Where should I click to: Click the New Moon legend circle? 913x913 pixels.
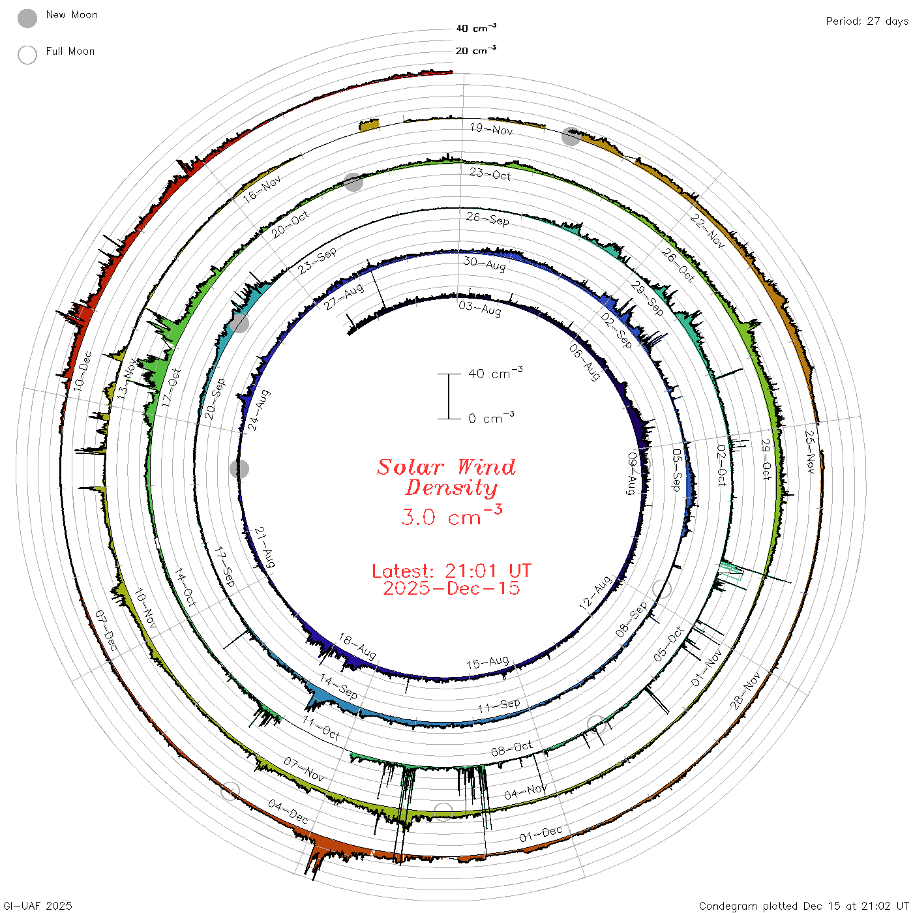27,18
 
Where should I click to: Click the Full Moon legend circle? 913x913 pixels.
27,55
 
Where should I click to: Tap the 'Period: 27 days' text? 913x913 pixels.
867,22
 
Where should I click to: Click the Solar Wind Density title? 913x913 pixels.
446,477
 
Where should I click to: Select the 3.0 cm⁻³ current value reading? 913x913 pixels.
451,515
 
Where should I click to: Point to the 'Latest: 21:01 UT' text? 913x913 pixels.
451,571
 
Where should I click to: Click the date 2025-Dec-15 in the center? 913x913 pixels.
451,588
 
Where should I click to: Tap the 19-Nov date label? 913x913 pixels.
491,129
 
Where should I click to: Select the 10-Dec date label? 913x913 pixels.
82,371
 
